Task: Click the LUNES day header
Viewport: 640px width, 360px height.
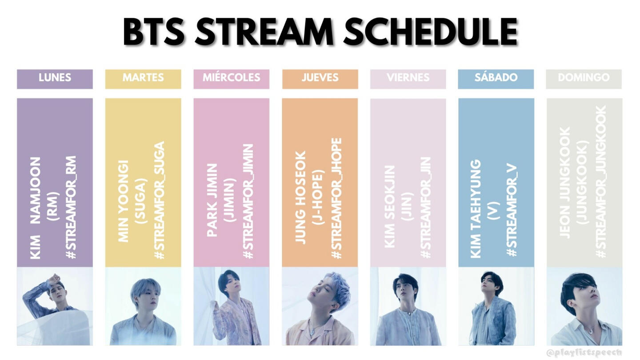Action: click(55, 79)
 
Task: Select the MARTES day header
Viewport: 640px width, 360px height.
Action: click(143, 79)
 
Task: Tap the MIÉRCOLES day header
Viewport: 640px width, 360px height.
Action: click(232, 79)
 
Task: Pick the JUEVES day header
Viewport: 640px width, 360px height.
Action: click(320, 79)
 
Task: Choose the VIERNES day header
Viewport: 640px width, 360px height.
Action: click(408, 79)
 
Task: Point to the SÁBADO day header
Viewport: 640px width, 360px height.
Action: click(496, 79)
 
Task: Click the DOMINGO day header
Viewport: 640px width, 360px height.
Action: click(584, 79)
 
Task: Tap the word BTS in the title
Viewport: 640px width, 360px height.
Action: click(154, 32)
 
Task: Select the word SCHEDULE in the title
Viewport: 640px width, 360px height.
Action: click(431, 32)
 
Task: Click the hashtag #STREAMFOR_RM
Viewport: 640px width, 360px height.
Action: click(71, 208)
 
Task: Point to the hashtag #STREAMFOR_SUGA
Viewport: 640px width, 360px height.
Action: click(160, 200)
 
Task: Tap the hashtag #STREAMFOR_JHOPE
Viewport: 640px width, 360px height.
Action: click(336, 199)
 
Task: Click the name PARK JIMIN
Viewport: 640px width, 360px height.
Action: click(212, 200)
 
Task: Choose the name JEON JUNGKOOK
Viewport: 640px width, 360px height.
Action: click(564, 183)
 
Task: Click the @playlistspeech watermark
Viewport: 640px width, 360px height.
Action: click(584, 352)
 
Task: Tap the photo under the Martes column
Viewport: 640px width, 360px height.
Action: click(143, 306)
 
